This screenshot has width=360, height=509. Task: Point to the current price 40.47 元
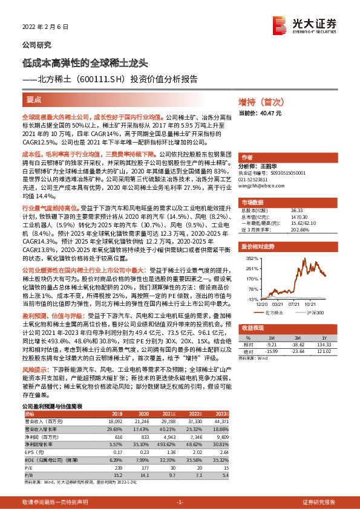point(261,113)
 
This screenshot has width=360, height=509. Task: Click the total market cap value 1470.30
point(298,216)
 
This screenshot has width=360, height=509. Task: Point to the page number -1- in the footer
point(180,502)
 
